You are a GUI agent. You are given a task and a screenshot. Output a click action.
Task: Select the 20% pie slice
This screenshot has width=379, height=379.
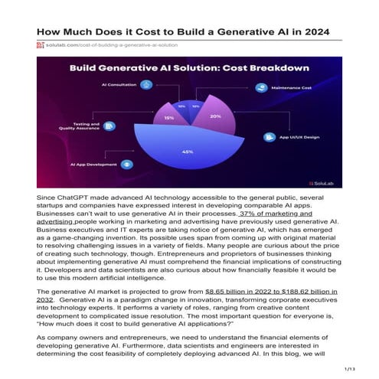click(x=215, y=116)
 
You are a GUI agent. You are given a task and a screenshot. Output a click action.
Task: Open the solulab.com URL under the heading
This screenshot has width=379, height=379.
click(x=108, y=46)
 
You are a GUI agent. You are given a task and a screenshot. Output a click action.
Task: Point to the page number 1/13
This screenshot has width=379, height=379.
click(x=350, y=370)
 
